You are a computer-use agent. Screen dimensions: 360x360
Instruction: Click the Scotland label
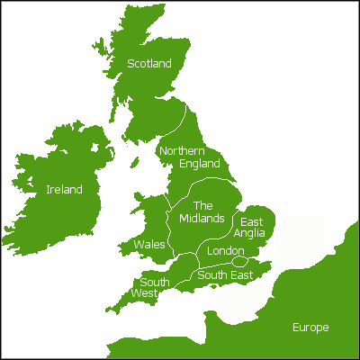(x=148, y=64)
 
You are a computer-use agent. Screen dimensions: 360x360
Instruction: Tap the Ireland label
(x=64, y=190)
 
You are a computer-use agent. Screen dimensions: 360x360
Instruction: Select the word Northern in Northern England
(x=182, y=151)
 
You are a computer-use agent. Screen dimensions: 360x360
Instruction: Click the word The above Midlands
(x=203, y=206)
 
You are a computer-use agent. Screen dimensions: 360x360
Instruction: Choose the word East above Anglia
(x=252, y=221)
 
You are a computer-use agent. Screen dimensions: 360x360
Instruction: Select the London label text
(x=225, y=251)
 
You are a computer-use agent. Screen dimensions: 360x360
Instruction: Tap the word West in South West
(x=144, y=293)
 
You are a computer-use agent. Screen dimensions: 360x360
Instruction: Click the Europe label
(x=310, y=328)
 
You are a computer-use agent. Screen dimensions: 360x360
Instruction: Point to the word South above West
(x=155, y=281)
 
